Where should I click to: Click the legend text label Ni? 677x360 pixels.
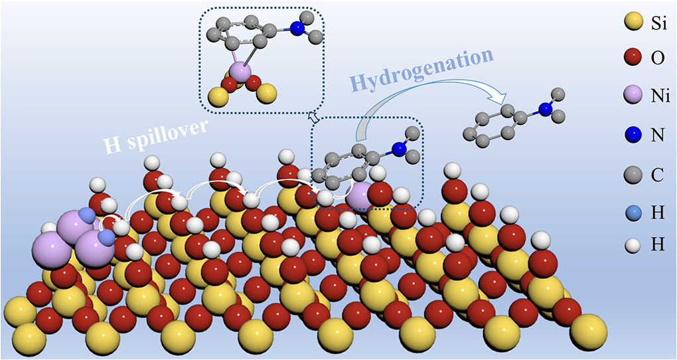[661, 98]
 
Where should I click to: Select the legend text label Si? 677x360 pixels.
[660, 26]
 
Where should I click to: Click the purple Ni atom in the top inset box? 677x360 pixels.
[241, 72]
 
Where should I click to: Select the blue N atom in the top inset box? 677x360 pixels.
[296, 29]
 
